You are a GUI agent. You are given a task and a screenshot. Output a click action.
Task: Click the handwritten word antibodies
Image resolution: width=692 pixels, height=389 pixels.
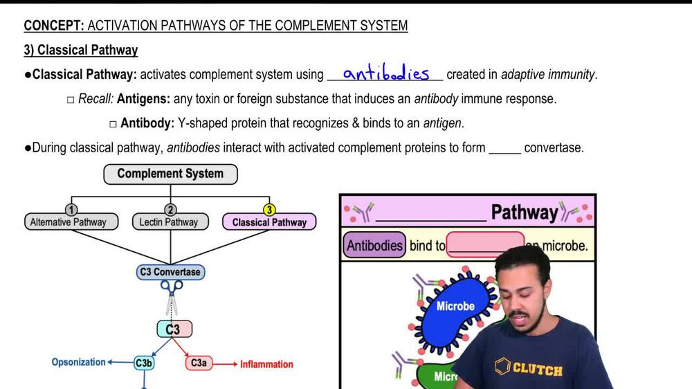coord(385,73)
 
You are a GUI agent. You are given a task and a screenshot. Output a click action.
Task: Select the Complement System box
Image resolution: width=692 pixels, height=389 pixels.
coord(170,174)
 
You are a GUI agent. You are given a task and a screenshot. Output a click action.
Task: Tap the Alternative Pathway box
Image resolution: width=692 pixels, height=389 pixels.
coord(69,222)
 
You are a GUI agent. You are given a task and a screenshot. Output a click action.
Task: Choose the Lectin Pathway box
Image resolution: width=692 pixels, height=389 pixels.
coord(169,222)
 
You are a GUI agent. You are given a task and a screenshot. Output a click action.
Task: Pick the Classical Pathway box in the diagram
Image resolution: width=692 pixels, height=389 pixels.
coord(269,222)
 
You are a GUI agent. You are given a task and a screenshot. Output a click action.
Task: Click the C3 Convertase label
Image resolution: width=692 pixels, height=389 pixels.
coord(170,272)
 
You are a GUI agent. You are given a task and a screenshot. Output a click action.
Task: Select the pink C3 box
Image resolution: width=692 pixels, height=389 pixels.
coord(172,329)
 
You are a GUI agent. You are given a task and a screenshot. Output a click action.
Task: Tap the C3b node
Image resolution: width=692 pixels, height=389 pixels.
coord(144,363)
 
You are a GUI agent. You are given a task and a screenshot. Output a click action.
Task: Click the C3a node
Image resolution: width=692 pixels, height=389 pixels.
coord(199,363)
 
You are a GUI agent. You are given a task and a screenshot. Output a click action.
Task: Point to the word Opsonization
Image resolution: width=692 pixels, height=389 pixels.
coord(78,362)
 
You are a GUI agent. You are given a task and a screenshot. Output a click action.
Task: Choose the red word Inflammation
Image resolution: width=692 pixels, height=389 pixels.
coord(266,364)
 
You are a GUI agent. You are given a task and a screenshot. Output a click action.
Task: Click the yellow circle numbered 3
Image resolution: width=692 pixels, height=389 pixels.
coord(269,210)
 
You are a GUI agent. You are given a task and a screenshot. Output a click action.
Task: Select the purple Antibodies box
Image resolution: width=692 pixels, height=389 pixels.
coord(374,246)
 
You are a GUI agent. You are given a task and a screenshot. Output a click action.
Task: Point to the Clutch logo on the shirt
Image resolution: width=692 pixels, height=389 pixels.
coord(529,368)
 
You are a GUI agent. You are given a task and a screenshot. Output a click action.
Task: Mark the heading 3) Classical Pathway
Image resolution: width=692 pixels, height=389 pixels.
coord(81,50)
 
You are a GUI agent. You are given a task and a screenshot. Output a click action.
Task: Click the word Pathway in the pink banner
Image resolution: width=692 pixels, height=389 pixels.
coord(524,212)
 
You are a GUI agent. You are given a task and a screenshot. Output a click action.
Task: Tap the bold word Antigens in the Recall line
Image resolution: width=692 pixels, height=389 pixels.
coord(143,99)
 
